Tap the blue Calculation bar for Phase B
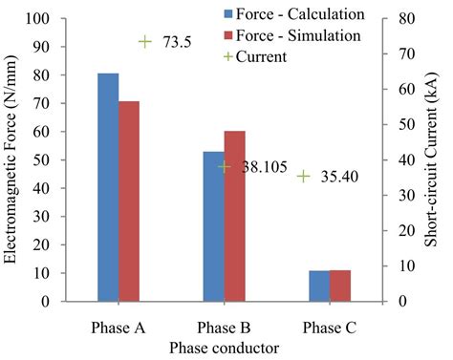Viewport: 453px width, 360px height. [x=213, y=226]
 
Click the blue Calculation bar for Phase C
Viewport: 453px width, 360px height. [x=319, y=286]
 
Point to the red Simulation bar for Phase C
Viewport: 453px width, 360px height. [x=341, y=286]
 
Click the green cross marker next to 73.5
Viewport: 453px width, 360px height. [x=145, y=42]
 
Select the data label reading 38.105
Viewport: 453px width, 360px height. [x=260, y=166]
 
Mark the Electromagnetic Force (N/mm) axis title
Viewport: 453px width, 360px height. [x=11, y=159]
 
